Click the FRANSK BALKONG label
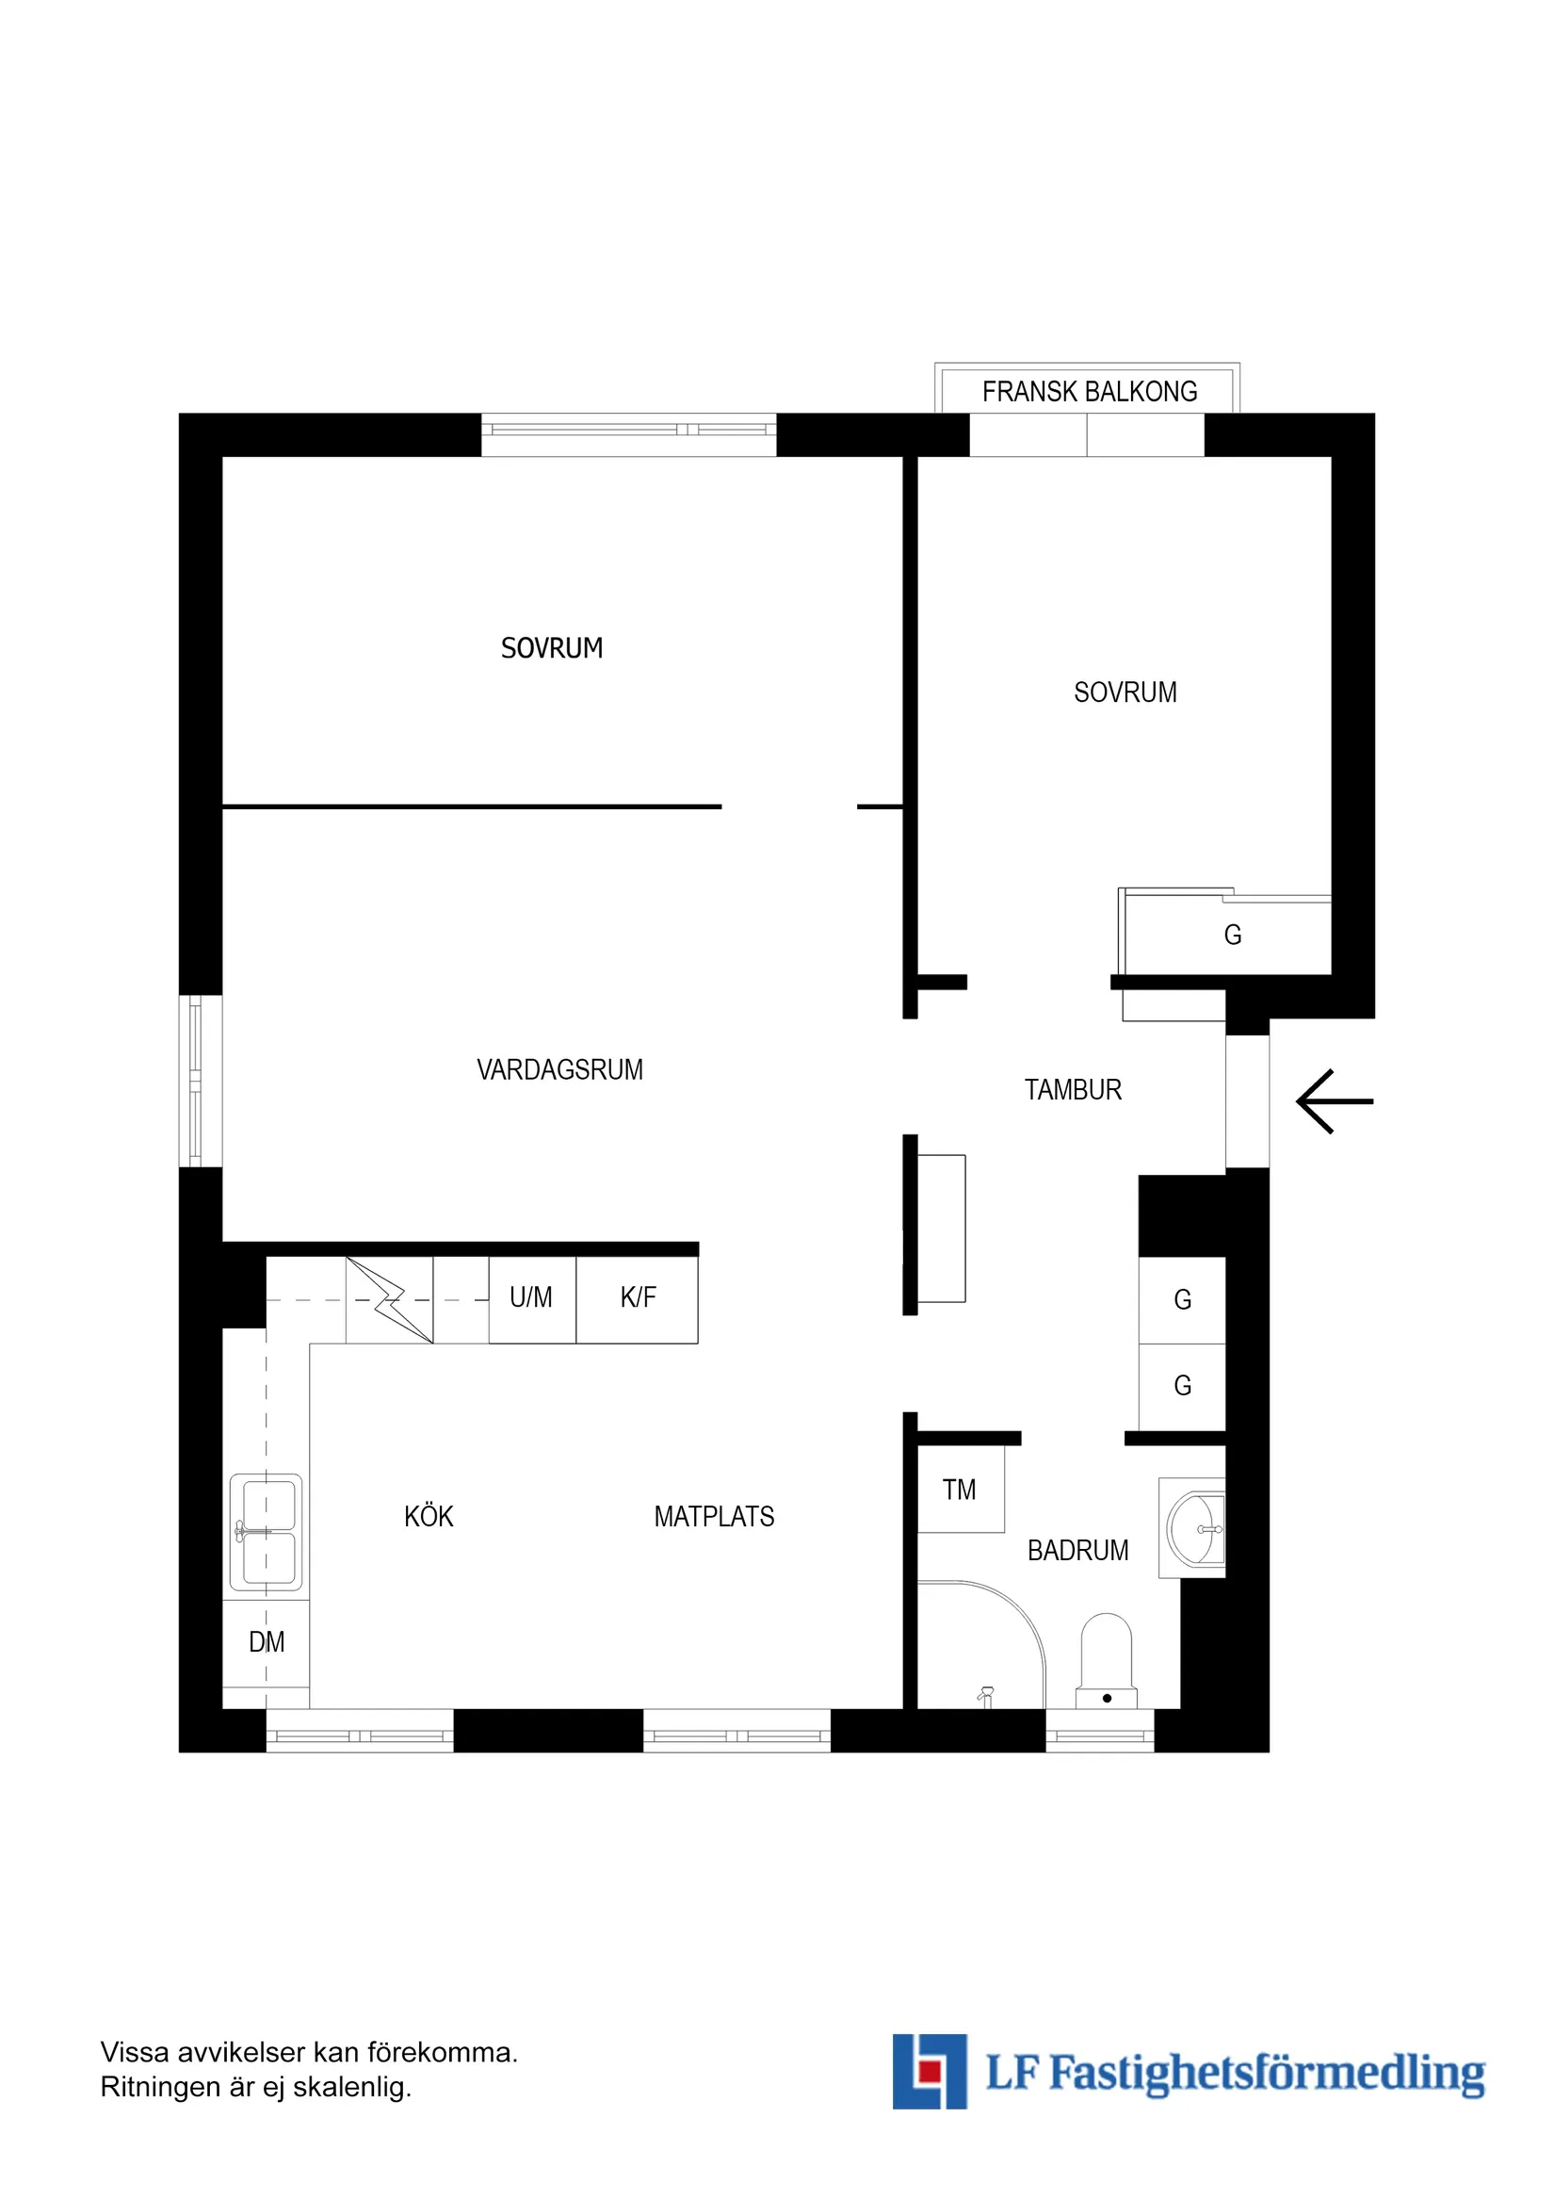pyautogui.click(x=1090, y=392)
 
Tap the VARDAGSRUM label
pyautogui.click(x=560, y=1069)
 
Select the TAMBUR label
pyautogui.click(x=1073, y=1090)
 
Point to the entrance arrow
pyautogui.click(x=1335, y=1101)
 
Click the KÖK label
pyautogui.click(x=429, y=1516)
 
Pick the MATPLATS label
pyautogui.click(x=714, y=1516)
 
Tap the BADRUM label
pyautogui.click(x=1078, y=1550)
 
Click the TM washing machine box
pyautogui.click(x=961, y=1489)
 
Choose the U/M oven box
pyautogui.click(x=532, y=1299)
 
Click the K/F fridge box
pyautogui.click(x=637, y=1299)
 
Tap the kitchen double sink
pyautogui.click(x=267, y=1532)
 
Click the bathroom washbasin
pyautogui.click(x=1195, y=1529)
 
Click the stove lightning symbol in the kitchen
pyautogui.click(x=390, y=1299)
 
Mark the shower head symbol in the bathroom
pyautogui.click(x=986, y=1697)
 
